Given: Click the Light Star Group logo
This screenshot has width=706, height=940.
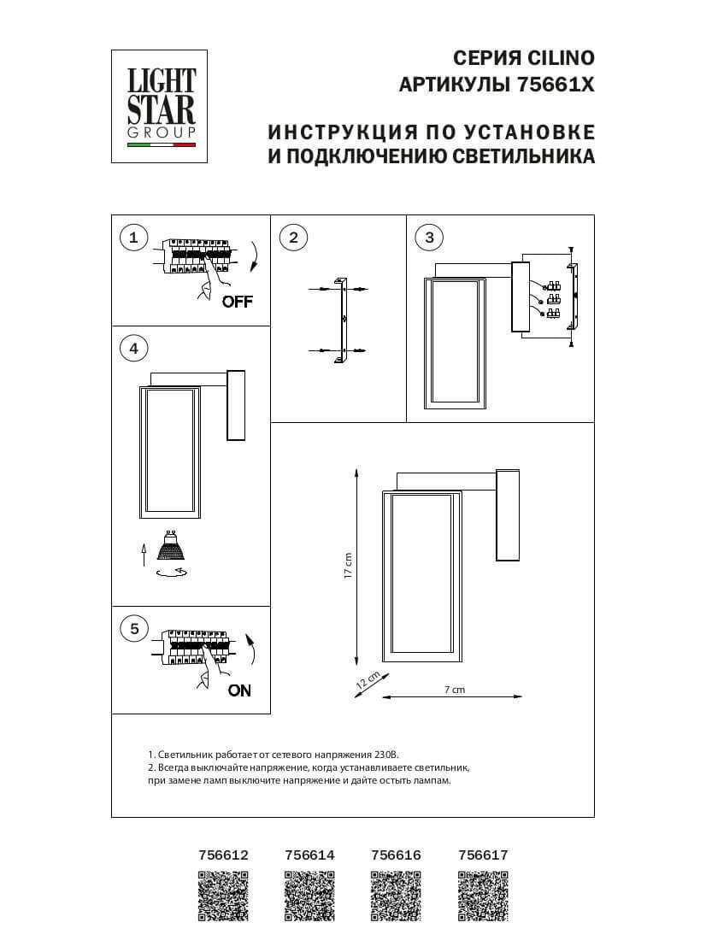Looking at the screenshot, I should [161, 106].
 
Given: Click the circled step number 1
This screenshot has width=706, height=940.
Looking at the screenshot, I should [133, 238].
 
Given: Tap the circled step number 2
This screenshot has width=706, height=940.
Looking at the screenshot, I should [293, 238].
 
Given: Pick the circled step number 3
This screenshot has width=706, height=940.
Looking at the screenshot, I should [430, 238].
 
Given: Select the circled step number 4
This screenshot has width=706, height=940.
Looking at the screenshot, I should [133, 348].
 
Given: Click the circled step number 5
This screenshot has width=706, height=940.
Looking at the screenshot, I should [133, 629].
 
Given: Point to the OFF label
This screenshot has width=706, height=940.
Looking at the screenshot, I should [237, 302].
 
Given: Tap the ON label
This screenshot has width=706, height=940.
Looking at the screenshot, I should [239, 690].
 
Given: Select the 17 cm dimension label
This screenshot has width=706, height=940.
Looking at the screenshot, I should [348, 566].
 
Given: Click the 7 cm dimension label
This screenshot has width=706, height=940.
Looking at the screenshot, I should [454, 689].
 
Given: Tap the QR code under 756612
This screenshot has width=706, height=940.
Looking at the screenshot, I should [223, 895].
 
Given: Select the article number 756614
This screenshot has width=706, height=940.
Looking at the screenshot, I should [309, 854].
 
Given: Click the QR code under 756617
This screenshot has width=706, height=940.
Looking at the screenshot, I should [483, 895].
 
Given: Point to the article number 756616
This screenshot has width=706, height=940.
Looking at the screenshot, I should [397, 854].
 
